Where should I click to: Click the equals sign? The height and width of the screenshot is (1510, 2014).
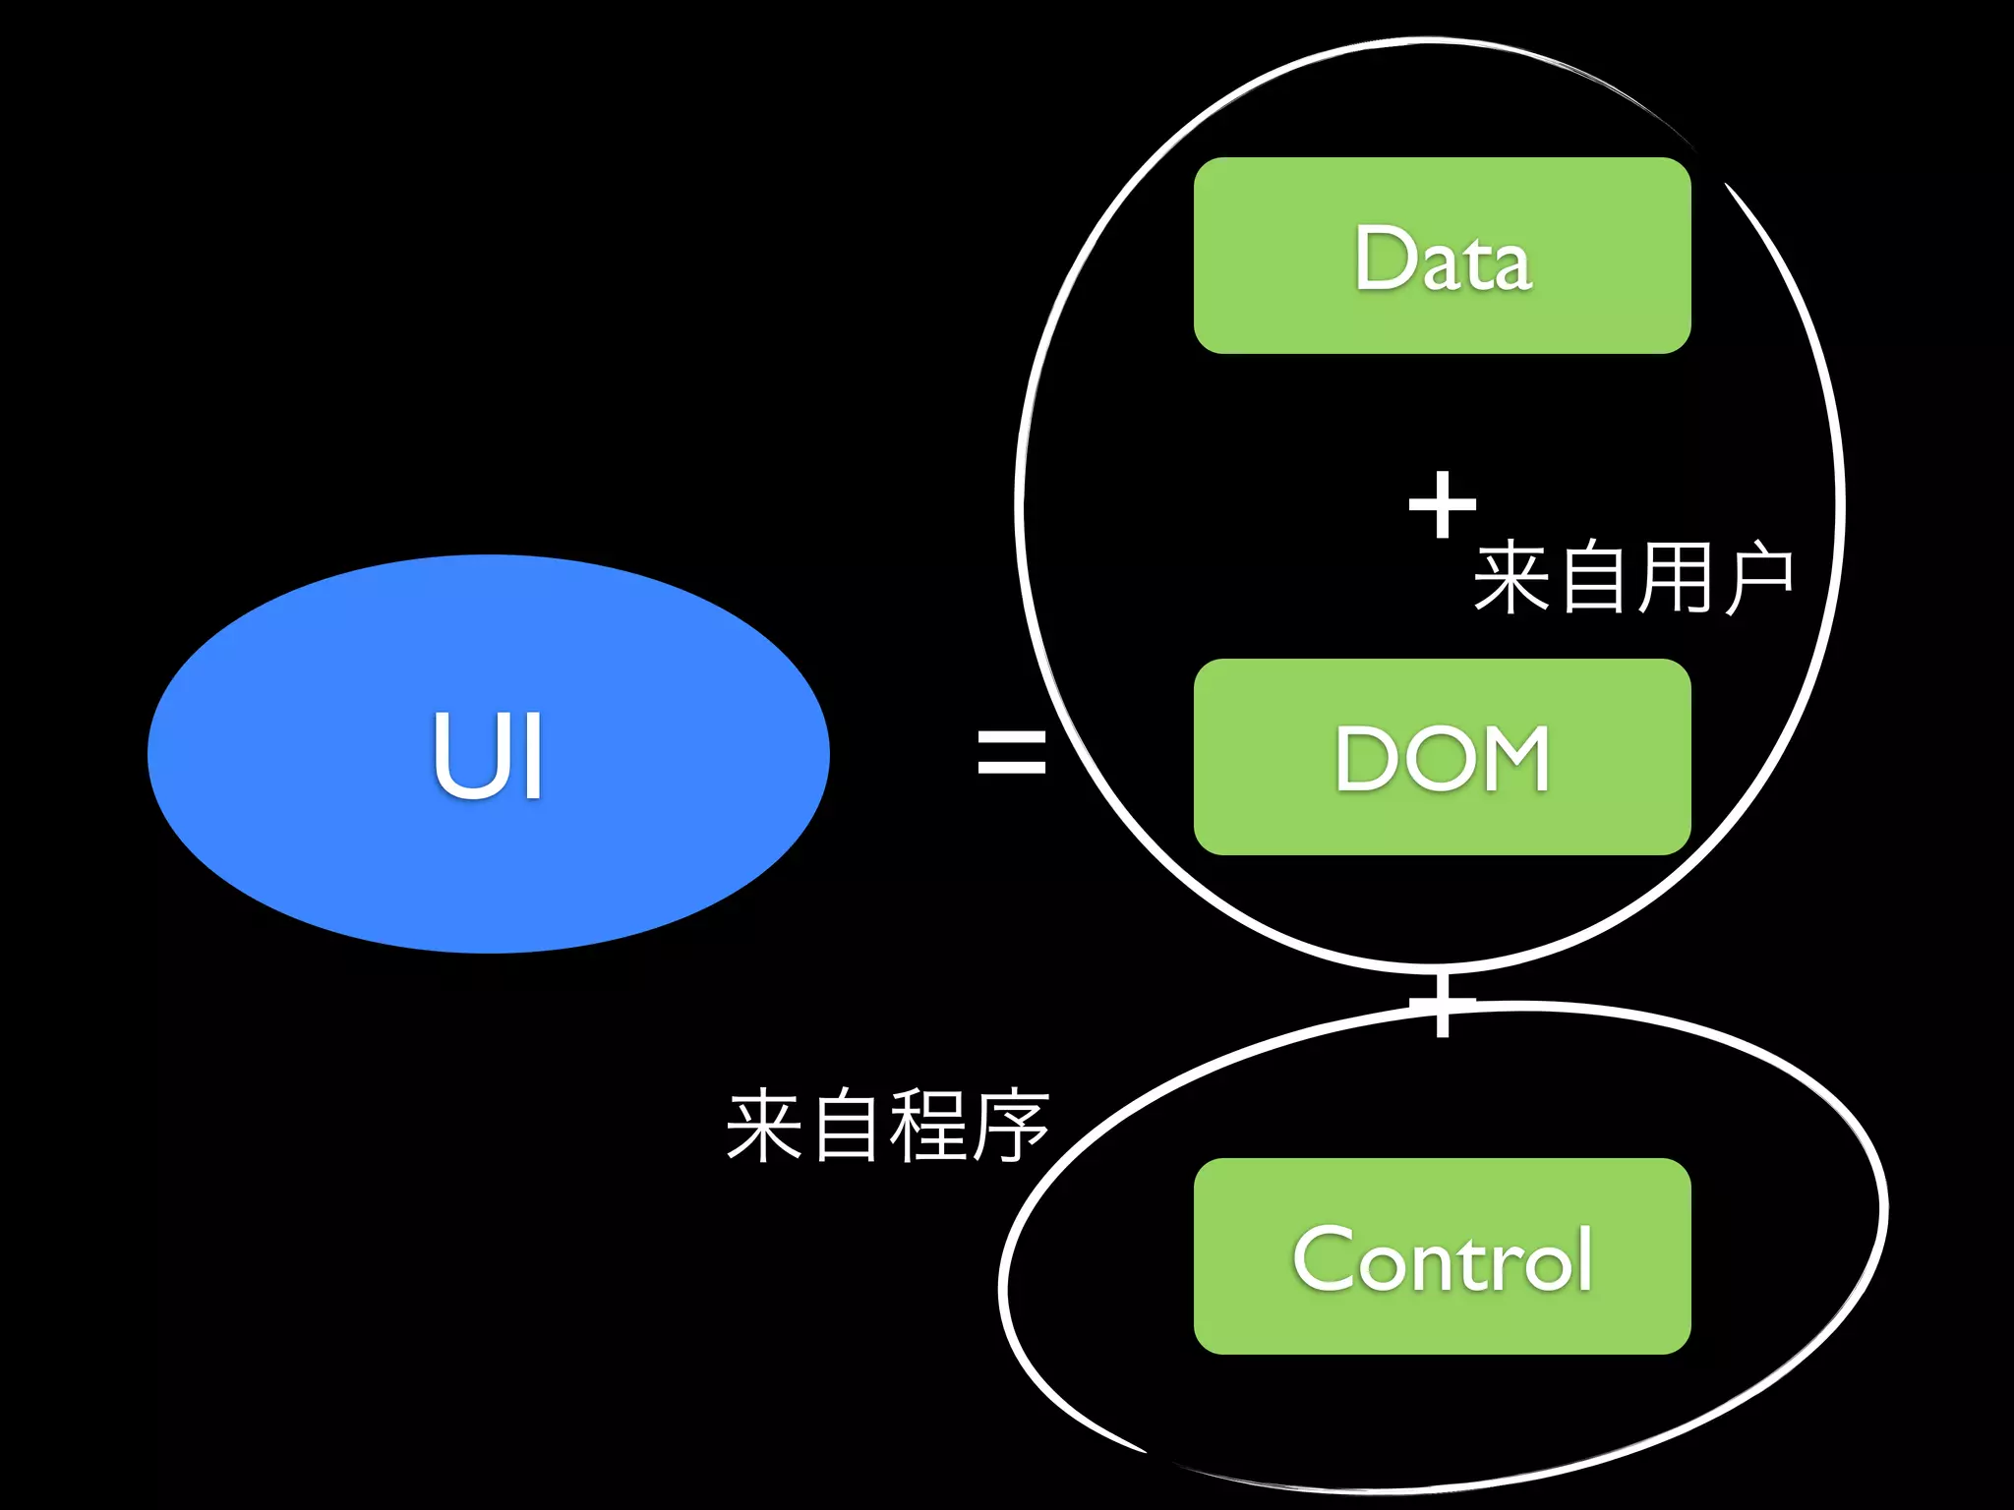click(x=1011, y=751)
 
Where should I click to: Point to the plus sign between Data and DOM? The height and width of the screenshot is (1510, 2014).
click(x=1442, y=505)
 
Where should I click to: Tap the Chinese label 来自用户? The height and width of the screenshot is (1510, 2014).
click(x=1632, y=578)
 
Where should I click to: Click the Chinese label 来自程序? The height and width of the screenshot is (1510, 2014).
click(x=887, y=1127)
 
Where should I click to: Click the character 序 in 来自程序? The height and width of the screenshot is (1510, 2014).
click(x=1011, y=1127)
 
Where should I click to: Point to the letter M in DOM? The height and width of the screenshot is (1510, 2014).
click(x=1510, y=759)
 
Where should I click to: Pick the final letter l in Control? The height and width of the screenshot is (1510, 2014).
click(x=1583, y=1258)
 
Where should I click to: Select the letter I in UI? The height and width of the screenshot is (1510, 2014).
click(x=533, y=755)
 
